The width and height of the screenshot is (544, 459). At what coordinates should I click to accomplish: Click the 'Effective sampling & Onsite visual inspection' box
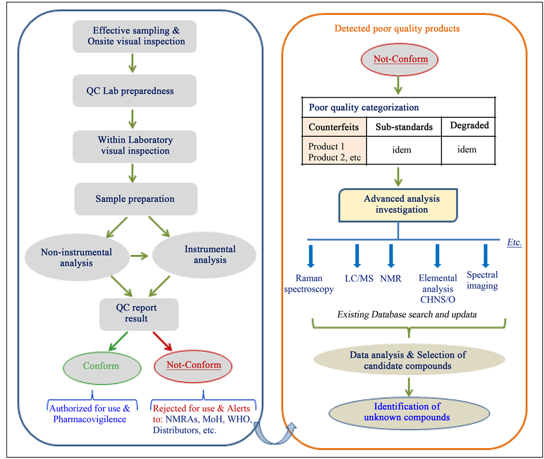135,36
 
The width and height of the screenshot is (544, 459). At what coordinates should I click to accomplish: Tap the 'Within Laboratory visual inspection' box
135,145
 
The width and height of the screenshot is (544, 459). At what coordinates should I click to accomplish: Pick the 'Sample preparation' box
135,199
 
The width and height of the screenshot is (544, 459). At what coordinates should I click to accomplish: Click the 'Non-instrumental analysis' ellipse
76,257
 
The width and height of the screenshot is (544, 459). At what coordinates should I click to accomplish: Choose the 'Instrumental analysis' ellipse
210,254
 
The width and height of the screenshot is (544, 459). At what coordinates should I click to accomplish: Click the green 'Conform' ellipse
101,366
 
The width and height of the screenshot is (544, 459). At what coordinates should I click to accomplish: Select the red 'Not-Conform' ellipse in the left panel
194,365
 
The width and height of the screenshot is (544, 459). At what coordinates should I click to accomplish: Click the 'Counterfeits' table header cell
334,127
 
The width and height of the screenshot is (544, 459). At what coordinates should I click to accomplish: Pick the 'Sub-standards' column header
404,127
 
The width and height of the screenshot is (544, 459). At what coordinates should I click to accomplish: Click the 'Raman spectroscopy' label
309,283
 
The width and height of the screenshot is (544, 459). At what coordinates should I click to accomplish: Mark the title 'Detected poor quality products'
398,28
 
